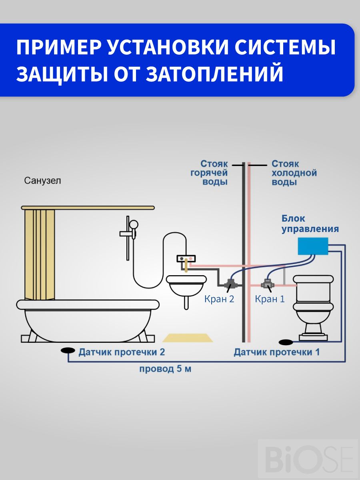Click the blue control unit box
(313, 246)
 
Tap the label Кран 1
(270, 299)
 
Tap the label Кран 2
(219, 299)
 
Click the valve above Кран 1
(266, 284)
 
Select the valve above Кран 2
(231, 284)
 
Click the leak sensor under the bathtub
(68, 350)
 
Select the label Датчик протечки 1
(277, 352)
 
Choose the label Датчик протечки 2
(122, 352)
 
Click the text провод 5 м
(165, 369)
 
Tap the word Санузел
(43, 181)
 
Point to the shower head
(134, 225)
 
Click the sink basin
(185, 285)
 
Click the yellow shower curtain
(40, 252)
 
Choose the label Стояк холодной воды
(294, 173)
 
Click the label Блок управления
(310, 224)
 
